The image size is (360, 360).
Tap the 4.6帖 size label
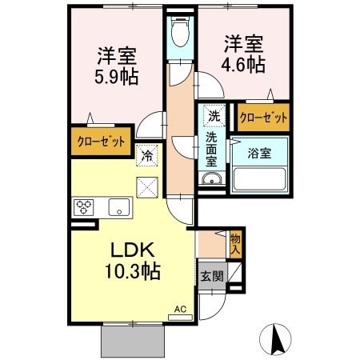coord(243,65)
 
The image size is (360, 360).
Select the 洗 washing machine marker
coord(214,116)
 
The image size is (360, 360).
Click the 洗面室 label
coord(212,150)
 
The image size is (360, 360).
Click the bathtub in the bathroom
coord(261,178)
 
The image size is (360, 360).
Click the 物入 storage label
coord(235,244)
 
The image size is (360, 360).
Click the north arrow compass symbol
coord(278,338)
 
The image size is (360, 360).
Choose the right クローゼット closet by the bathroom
coord(263,118)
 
